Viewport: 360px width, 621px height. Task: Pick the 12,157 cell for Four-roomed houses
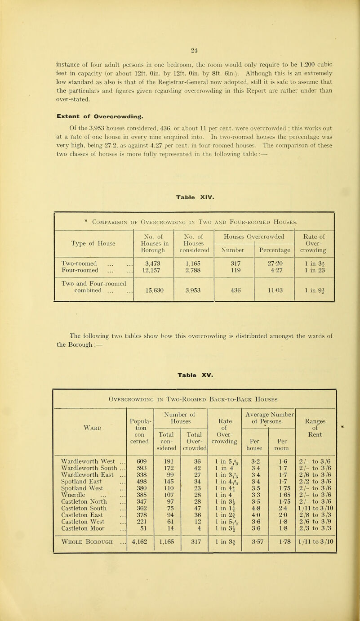click(x=154, y=268)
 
